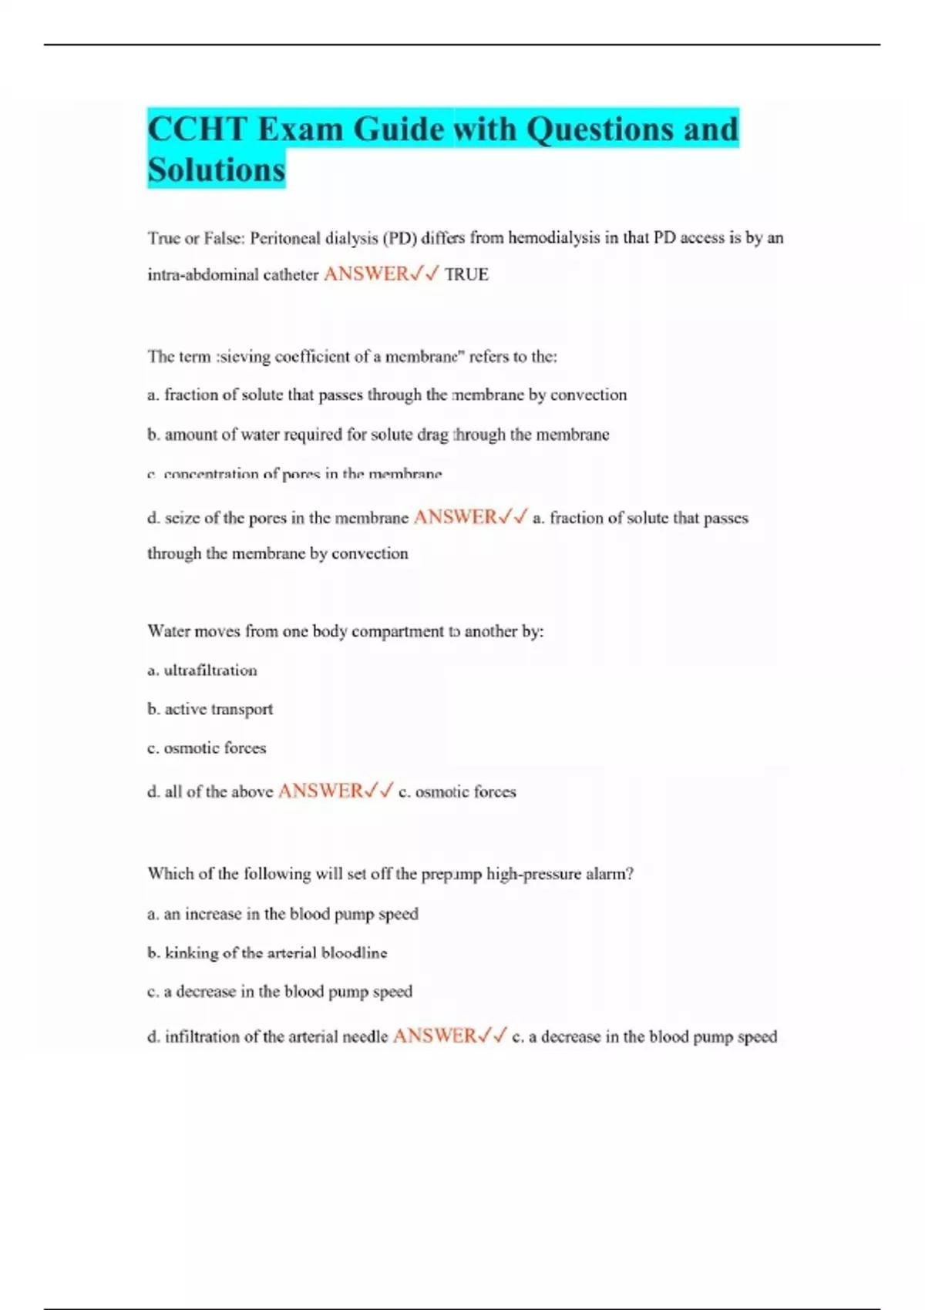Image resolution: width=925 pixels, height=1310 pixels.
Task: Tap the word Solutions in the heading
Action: click(x=216, y=170)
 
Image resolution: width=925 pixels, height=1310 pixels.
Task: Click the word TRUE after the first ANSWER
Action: click(x=466, y=275)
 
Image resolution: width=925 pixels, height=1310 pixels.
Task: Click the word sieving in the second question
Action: click(x=244, y=357)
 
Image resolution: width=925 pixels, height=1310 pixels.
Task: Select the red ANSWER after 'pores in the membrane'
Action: click(x=456, y=517)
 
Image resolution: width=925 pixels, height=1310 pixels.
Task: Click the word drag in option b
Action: click(x=433, y=435)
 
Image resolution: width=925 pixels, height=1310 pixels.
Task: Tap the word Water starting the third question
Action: click(x=168, y=631)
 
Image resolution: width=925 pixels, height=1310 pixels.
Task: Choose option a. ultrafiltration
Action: click(x=202, y=670)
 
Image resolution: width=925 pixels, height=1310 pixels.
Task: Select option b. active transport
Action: click(x=210, y=709)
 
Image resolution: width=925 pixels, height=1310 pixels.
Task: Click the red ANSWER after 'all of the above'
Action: click(x=320, y=791)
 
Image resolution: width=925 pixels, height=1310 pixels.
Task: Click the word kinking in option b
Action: click(x=192, y=953)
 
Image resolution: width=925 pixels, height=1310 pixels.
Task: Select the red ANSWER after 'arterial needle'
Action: click(x=435, y=1036)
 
